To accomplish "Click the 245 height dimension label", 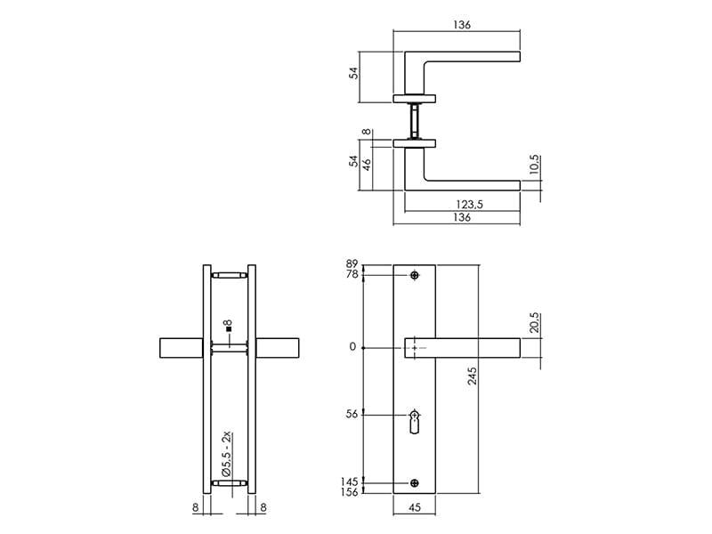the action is tap(473, 376).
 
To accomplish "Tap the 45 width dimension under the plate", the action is tap(415, 507).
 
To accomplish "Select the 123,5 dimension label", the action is tap(470, 205).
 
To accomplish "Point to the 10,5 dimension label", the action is tap(535, 165).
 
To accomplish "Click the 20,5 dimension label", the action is tap(535, 322).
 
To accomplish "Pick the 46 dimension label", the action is tap(367, 164).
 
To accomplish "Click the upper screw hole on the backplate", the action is tap(414, 275).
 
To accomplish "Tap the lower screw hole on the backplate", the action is tap(414, 483).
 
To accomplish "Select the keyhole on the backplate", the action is tap(414, 422).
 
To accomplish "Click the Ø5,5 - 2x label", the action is tap(227, 454).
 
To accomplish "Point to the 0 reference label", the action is tap(352, 347).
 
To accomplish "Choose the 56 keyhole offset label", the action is tap(352, 414).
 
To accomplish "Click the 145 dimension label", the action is tap(349, 481).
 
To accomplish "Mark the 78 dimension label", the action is tap(352, 274).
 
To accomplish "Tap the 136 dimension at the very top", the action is tap(461, 25).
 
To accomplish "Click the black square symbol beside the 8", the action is tap(229, 328).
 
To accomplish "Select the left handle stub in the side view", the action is tap(182, 348).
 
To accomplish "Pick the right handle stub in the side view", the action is tap(278, 348).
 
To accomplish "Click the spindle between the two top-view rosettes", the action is tap(414, 121).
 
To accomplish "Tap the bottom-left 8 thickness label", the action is tap(196, 507).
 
